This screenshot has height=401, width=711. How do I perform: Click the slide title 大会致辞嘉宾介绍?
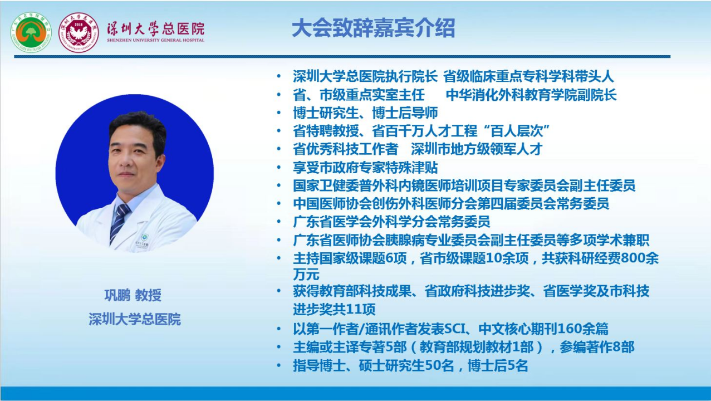pos(373,28)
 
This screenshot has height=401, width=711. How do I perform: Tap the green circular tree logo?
pos(31,32)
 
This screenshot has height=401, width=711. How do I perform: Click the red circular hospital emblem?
pos(79,32)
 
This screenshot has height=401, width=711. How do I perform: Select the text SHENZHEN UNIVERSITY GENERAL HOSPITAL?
pos(155,40)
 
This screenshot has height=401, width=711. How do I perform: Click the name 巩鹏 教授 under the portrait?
pos(133,295)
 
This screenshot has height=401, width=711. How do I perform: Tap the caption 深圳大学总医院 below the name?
pos(135,319)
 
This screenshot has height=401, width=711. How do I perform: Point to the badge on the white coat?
pos(145,237)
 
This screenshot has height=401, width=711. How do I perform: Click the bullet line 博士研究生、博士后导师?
pos(365,113)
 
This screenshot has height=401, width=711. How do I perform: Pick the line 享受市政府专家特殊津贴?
pos(365,167)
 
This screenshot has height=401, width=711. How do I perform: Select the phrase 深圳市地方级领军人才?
pos(477,149)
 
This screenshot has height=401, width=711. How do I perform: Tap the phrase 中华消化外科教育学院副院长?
pos(531,95)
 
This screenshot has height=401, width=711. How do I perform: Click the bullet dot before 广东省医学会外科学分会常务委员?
pos(279,222)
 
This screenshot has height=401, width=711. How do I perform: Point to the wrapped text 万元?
pos(306,275)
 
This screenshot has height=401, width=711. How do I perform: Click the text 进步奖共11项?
pos(334,309)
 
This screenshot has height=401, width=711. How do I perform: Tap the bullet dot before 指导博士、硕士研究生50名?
pos(279,365)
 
